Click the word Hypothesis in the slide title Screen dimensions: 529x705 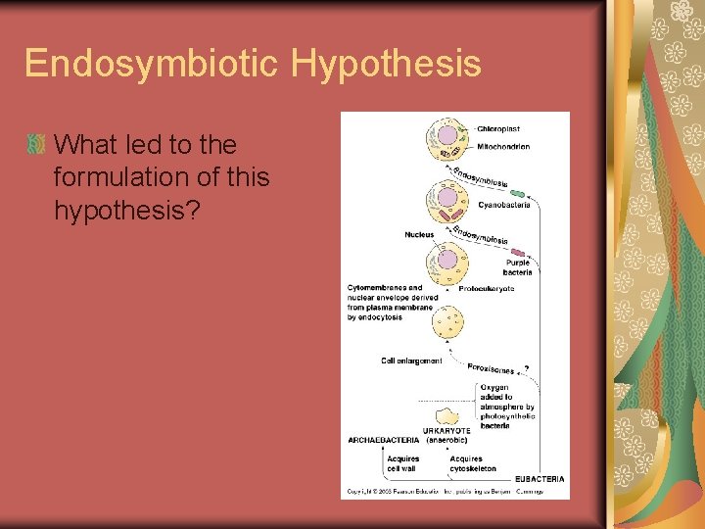[386, 65]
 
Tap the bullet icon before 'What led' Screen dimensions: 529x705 [37, 144]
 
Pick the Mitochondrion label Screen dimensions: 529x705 [504, 147]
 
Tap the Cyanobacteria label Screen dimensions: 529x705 [504, 205]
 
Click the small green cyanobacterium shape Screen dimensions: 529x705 [515, 194]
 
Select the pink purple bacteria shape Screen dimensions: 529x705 [518, 253]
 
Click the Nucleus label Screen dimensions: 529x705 [419, 235]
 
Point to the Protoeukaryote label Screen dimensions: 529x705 [487, 289]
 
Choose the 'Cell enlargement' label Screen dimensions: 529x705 [411, 361]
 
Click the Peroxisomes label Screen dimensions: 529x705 [491, 368]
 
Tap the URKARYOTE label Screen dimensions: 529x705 [446, 430]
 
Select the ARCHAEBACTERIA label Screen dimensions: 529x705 [383, 440]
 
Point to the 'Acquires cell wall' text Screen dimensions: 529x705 [402, 463]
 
